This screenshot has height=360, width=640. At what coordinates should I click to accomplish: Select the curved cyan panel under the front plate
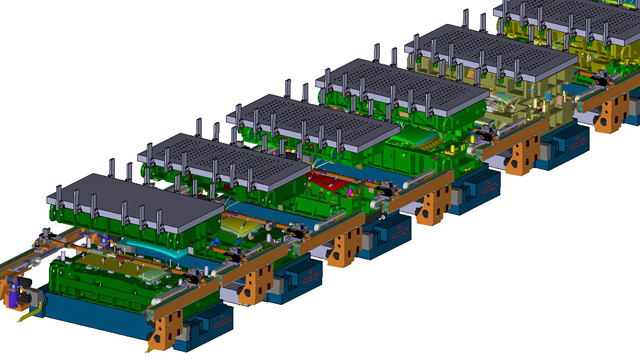150,256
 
